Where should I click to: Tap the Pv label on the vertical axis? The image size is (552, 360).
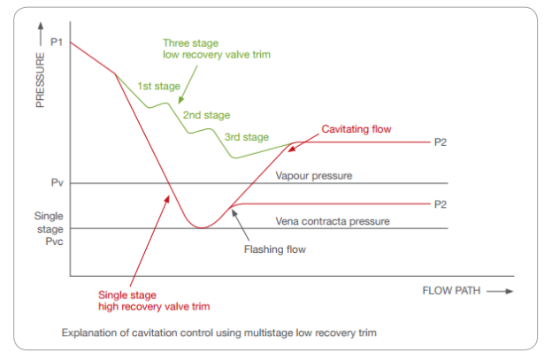56,184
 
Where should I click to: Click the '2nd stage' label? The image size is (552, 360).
206,115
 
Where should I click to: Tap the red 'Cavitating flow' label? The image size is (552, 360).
356,128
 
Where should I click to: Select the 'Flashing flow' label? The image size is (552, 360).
274,249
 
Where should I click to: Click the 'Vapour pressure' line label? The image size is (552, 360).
314,176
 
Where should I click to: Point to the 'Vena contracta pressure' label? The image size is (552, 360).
333,221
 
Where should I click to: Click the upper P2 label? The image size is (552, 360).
440,142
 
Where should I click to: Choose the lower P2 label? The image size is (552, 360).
440,204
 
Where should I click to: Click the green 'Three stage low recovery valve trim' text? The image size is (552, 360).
216,48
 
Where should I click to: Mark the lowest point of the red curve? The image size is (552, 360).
203,228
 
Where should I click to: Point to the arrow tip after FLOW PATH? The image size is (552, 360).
510,289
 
